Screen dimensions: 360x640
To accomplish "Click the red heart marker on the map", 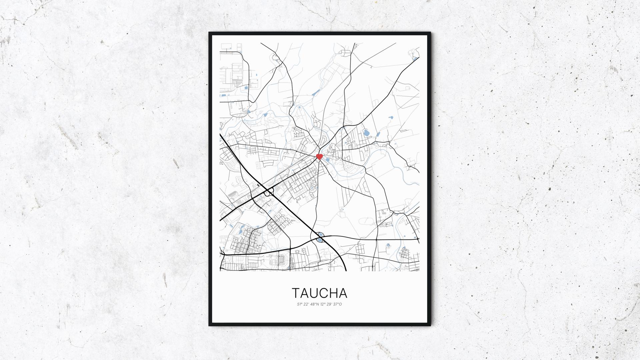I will (319, 157).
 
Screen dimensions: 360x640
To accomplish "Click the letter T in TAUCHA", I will (296, 293).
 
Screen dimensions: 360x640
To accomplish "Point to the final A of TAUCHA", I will (343, 293).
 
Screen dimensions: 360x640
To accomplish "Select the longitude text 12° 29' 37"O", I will (331, 304).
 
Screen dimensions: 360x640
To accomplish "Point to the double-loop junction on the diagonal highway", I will (269, 191).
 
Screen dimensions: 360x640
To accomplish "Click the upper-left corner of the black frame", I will (210, 33).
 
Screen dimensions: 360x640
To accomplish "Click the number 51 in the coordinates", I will (298, 304).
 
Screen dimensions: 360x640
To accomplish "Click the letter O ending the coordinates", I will (341, 304).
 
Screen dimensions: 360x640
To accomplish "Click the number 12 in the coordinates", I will (322, 304).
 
